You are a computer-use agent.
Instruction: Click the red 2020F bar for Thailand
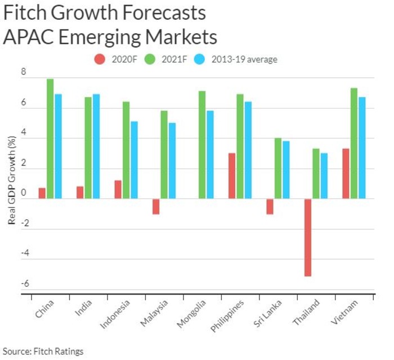[308, 237]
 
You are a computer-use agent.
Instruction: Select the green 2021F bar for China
[50, 139]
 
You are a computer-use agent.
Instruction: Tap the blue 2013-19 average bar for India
[96, 146]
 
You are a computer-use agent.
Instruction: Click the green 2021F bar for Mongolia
[202, 145]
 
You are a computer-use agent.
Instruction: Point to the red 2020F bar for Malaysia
[156, 206]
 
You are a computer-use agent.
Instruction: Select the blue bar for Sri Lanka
[286, 170]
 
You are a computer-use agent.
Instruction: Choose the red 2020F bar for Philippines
[232, 176]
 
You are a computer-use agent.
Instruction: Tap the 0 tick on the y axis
[24, 193]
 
